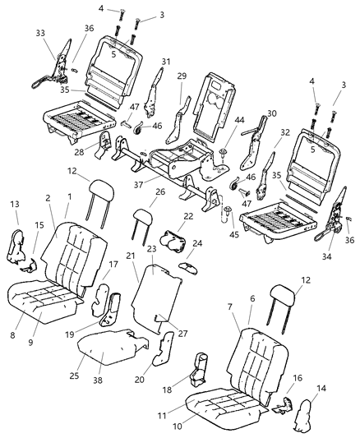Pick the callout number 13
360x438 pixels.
[14, 203]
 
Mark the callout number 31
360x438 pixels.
[164, 61]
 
